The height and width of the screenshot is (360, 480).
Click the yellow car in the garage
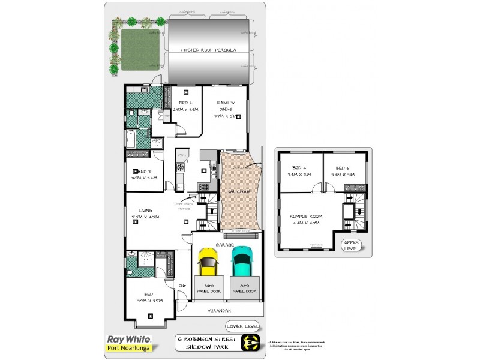coord(207,261)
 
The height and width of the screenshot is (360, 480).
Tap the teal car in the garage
coord(242,259)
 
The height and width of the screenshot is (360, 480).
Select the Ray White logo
coord(128,339)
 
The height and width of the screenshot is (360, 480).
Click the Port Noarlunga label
coord(128,348)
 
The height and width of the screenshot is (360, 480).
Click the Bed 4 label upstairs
coord(299,167)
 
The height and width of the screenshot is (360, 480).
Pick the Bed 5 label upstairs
coord(342,167)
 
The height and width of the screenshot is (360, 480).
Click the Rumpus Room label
coord(306,217)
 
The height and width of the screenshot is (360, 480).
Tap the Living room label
coord(144,211)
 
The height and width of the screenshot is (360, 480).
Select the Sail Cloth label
coord(239,192)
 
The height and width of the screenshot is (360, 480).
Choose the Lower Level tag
coord(243,326)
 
